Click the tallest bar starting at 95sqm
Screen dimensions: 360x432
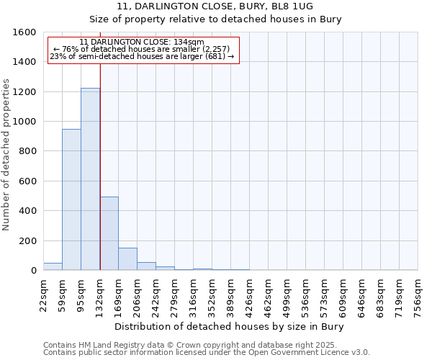(90, 179)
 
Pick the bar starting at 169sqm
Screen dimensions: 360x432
(127, 259)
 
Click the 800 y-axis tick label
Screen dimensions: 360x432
(27, 151)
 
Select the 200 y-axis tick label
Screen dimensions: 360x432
(27, 240)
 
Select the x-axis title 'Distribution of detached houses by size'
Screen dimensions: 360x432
(230, 327)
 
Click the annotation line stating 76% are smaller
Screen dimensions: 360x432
(142, 49)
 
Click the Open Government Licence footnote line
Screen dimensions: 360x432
(207, 352)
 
